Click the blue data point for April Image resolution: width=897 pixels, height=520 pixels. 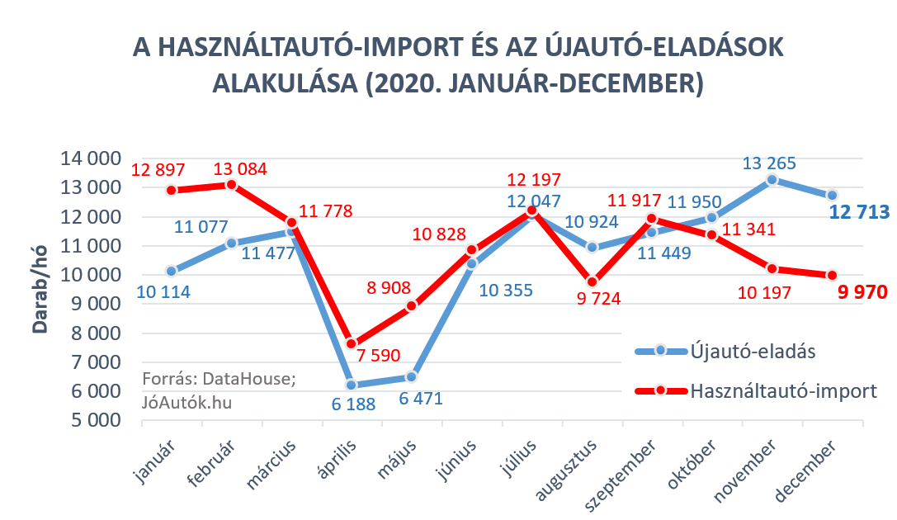click(x=352, y=385)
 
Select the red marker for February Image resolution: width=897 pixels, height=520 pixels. click(x=231, y=184)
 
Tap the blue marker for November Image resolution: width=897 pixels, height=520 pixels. click(x=772, y=180)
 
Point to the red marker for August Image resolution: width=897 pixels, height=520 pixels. click(x=592, y=281)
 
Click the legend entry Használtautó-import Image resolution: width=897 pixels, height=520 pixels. click(x=782, y=390)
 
